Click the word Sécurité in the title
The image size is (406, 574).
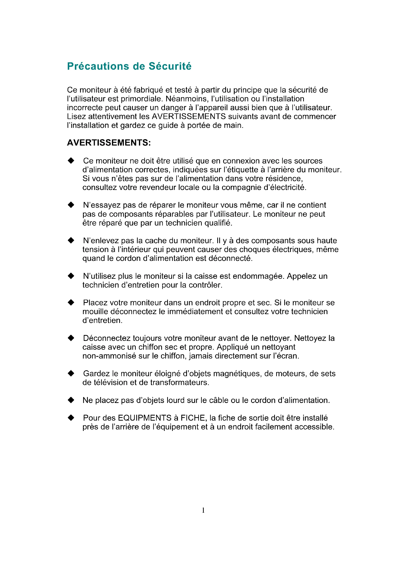[170, 66]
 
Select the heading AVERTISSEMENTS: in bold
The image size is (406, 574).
[109, 143]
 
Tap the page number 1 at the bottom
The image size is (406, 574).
[203, 510]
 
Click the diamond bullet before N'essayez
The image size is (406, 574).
[71, 205]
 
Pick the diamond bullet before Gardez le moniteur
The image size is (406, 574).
[71, 374]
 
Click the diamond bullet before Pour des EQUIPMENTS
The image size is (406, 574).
[71, 418]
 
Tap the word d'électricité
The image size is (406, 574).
[285, 187]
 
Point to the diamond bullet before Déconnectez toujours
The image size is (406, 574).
[71, 338]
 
